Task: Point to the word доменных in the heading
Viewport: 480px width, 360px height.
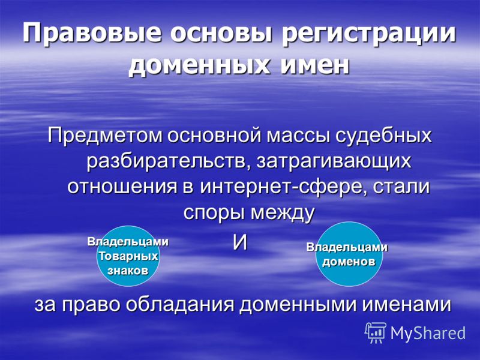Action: [x=199, y=65]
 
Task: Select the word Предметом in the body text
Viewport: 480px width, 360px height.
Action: [x=104, y=136]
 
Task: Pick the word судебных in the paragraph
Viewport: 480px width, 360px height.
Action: [x=383, y=136]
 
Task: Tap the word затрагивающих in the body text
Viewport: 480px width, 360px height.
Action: [x=334, y=161]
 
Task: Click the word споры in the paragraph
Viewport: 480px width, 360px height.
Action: [x=215, y=212]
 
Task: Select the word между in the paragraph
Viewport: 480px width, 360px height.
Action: [x=283, y=212]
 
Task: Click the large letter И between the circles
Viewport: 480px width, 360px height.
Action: [x=240, y=243]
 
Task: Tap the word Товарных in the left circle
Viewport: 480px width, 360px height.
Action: [x=128, y=256]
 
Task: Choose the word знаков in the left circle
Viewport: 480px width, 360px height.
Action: [x=128, y=271]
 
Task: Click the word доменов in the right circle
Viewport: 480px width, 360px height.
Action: [x=349, y=262]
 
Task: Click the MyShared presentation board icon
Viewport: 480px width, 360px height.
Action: [x=376, y=333]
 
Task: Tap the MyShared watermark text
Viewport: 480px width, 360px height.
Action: [x=428, y=333]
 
